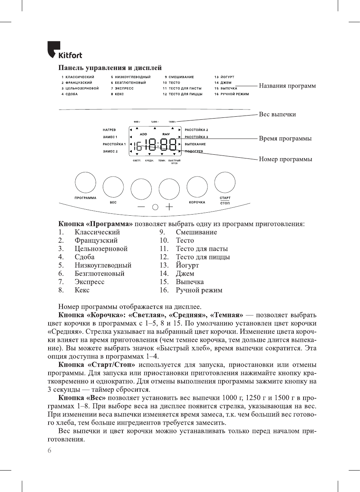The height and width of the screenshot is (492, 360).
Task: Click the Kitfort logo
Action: (x=64, y=50)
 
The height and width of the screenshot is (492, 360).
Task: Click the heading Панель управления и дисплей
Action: (x=110, y=68)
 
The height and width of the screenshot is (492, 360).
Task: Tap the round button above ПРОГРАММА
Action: (x=85, y=183)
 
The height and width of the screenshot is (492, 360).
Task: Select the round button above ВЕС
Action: (x=113, y=187)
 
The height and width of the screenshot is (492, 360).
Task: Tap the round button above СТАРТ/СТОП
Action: (x=225, y=183)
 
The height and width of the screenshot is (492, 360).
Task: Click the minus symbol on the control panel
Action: (x=141, y=207)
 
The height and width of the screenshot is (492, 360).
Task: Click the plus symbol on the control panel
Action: (x=169, y=207)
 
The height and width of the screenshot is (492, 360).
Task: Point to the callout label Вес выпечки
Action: (x=277, y=114)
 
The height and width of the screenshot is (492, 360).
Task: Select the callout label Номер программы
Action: (x=285, y=159)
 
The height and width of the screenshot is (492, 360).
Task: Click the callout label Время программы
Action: (x=285, y=139)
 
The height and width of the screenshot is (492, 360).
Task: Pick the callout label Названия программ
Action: (x=287, y=86)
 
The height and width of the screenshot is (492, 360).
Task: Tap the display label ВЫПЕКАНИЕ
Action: (x=195, y=144)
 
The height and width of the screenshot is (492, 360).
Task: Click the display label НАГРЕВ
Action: (x=109, y=130)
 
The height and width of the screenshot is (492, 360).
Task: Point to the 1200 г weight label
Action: (x=154, y=122)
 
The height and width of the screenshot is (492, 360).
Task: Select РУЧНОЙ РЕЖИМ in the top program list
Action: (x=234, y=94)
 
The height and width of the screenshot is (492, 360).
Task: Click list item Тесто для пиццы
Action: (x=203, y=257)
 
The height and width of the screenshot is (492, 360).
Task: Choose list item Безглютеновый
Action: (x=99, y=274)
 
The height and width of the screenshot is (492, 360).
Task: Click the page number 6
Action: (x=49, y=451)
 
